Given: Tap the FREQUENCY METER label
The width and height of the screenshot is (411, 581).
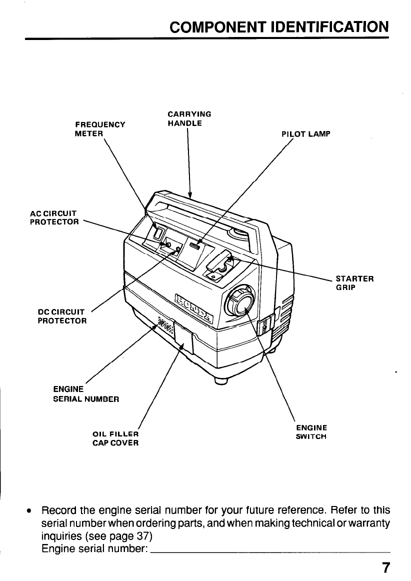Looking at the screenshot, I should point(99,129).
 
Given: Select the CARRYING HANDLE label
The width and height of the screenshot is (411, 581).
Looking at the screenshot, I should point(189,118).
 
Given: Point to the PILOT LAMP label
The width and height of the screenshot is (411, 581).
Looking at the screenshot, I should point(306,134).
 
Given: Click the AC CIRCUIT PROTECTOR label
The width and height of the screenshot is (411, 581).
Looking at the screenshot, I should point(54,217).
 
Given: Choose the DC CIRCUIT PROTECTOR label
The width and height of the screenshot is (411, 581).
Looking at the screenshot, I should point(62,316).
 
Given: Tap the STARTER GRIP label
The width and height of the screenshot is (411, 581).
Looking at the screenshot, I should point(354,283).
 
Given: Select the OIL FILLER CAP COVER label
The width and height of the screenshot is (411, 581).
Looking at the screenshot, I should point(115,438).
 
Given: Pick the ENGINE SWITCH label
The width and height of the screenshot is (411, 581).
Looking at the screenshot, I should point(311,432).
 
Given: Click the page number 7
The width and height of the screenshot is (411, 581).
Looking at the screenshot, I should point(385,567).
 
